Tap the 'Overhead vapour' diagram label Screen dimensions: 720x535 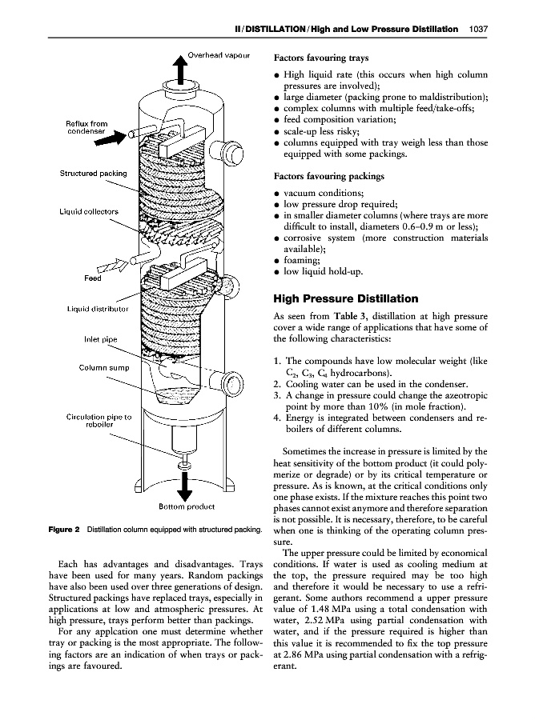(x=219, y=56)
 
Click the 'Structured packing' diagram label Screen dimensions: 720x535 (x=93, y=173)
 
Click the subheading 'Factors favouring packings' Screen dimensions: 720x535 (x=329, y=176)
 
